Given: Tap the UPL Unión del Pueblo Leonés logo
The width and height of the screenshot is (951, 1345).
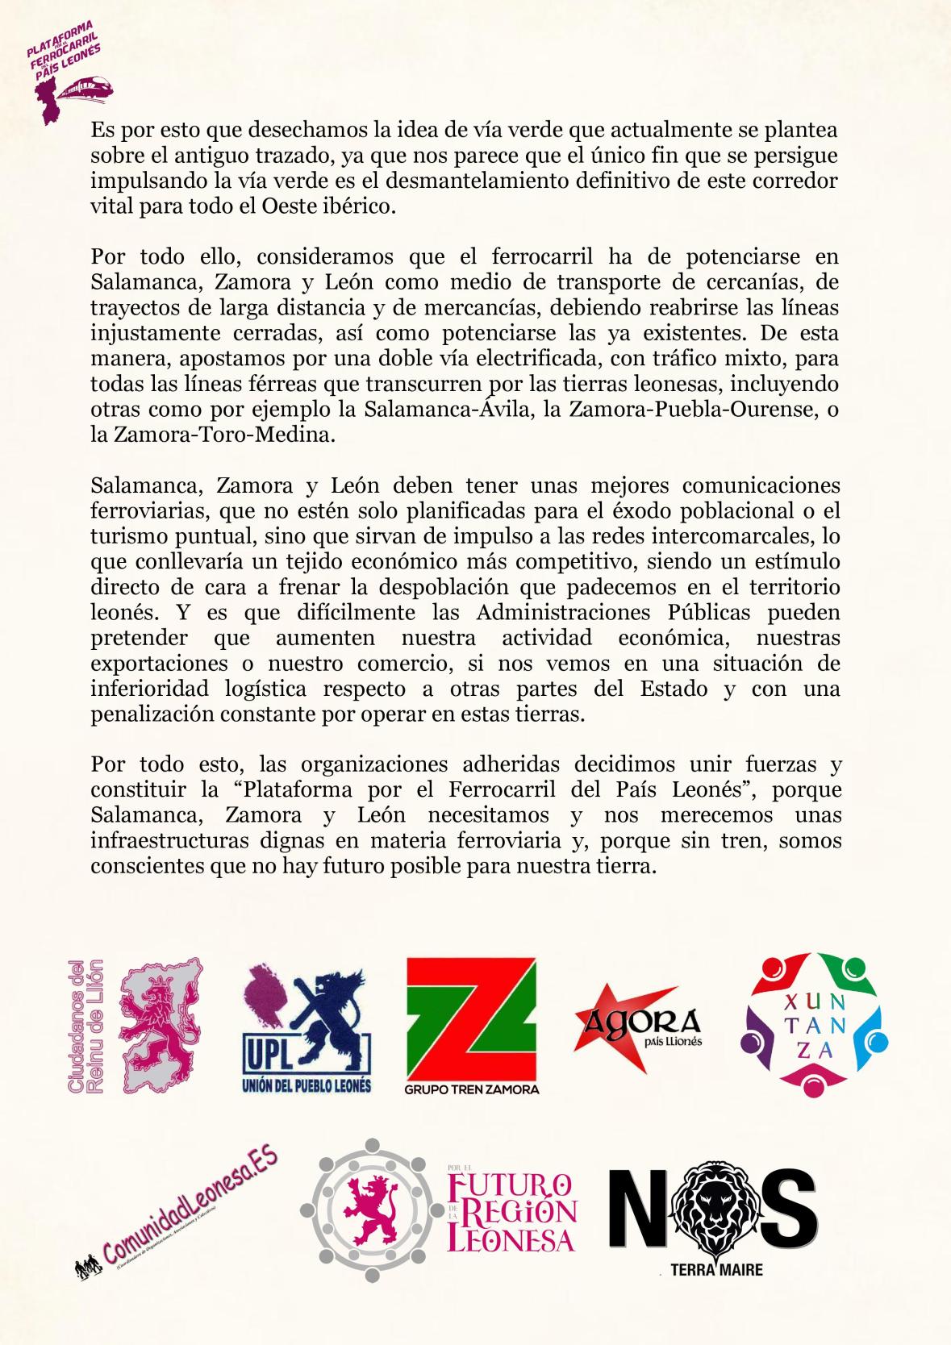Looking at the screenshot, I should coord(307,1028).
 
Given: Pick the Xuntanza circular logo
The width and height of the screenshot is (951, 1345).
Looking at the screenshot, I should coord(815,1024).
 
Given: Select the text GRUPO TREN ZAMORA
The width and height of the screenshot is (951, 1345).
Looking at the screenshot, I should coord(472,1089).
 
